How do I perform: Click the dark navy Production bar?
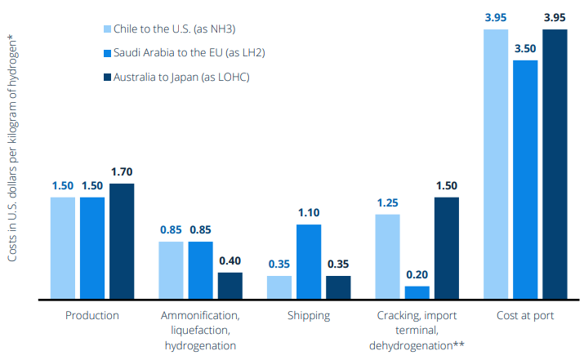(122, 242)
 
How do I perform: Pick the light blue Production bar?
(63, 248)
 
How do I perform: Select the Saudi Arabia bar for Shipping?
(309, 262)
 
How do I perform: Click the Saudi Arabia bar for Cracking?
(417, 292)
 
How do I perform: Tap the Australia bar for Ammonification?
(230, 286)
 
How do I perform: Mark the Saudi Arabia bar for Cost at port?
(525, 180)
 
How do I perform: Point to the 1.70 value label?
(122, 172)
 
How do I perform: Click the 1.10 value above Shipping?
(309, 213)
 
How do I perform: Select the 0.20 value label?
(417, 275)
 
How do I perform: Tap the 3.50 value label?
(525, 48)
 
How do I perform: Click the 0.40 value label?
(230, 261)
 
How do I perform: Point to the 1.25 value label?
(388, 202)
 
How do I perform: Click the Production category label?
(91, 315)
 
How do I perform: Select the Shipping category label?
(309, 315)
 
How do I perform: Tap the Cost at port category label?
(525, 315)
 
